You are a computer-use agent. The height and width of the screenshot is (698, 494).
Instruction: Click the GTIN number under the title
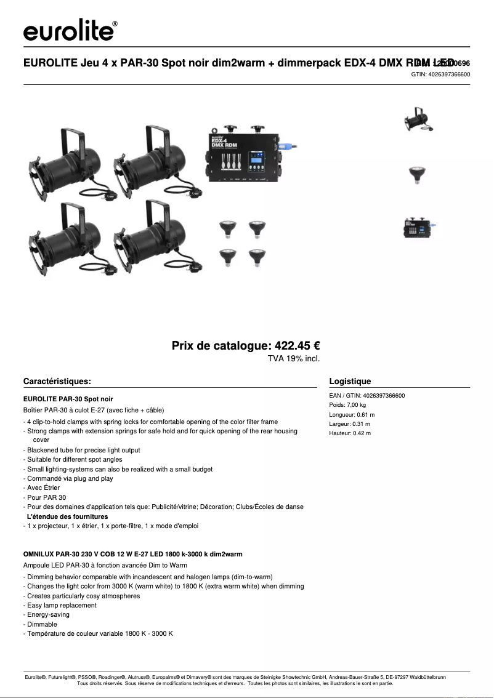[440, 74]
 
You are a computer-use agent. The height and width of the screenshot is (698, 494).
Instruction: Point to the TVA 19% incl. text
[293, 358]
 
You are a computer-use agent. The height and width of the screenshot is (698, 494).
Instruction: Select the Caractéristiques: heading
[57, 381]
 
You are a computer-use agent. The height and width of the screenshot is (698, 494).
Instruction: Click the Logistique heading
[350, 381]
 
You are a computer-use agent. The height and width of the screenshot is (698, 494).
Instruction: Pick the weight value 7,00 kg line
[347, 405]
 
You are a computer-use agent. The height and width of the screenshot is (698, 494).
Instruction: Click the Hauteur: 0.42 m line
[350, 433]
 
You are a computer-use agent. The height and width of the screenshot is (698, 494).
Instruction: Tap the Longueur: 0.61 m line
[352, 415]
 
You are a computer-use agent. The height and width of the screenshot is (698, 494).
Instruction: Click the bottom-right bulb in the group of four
[257, 256]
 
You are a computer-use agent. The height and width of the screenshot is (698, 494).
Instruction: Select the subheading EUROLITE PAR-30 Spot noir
[68, 399]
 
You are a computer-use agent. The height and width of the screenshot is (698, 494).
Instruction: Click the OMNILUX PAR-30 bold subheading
[132, 554]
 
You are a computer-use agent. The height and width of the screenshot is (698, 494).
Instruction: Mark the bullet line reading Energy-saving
[47, 614]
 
